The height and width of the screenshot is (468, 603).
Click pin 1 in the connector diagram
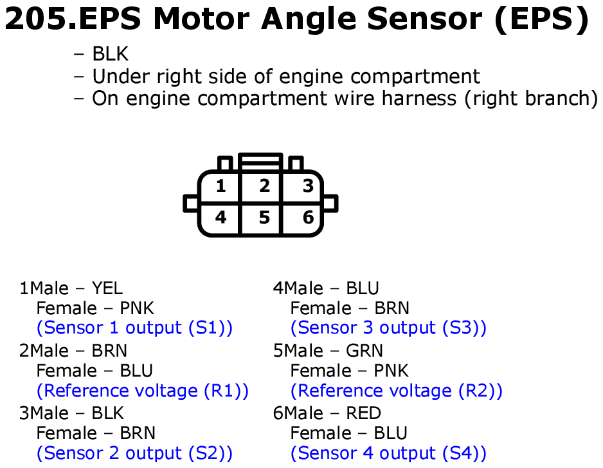(221, 186)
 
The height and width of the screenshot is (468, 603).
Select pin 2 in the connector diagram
(264, 186)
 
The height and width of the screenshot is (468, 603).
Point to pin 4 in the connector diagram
(221, 218)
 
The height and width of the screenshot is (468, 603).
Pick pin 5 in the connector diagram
(264, 218)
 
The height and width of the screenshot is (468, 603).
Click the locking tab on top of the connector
(261, 162)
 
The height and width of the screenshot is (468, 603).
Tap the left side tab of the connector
(191, 203)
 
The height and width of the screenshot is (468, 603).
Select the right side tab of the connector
(330, 203)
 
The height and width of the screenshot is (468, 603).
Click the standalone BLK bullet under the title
(110, 53)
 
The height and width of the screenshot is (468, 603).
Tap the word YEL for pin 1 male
(107, 288)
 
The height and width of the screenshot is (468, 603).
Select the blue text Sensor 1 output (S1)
(134, 328)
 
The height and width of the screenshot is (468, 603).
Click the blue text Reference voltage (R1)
(143, 391)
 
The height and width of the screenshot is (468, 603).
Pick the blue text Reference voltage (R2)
(397, 391)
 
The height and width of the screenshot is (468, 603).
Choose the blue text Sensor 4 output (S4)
(388, 453)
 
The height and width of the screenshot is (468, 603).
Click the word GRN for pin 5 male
(364, 351)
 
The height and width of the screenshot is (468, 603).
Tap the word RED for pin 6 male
(363, 413)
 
